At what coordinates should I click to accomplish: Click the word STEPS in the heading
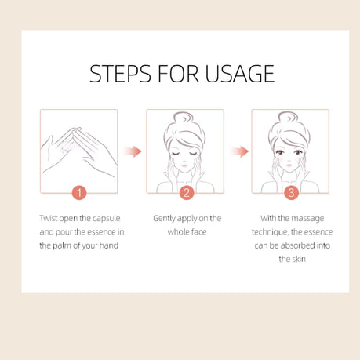(x=120, y=74)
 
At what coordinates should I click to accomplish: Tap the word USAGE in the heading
(x=240, y=74)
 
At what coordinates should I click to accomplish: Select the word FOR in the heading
(x=178, y=74)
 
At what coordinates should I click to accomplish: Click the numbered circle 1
(x=79, y=193)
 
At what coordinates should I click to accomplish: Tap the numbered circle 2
(x=187, y=193)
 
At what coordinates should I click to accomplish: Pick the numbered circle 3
(x=291, y=193)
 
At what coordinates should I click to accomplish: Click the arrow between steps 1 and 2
(x=133, y=151)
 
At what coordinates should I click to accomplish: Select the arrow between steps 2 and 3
(x=239, y=151)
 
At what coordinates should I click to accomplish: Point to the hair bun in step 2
(x=184, y=118)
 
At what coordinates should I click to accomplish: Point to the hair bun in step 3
(x=289, y=118)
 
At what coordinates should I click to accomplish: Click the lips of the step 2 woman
(x=184, y=165)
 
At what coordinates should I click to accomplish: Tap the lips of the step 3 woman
(x=289, y=165)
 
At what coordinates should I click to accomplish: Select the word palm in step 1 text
(x=62, y=245)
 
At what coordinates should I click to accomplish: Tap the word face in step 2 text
(x=198, y=232)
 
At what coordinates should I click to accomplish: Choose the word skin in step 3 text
(x=298, y=259)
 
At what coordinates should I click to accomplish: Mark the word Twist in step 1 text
(x=49, y=218)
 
